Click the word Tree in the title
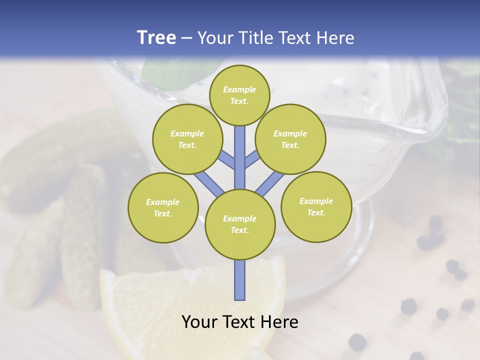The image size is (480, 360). [x=156, y=38]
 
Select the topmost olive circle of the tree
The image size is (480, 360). [x=239, y=95]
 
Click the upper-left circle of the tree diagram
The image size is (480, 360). [x=187, y=139]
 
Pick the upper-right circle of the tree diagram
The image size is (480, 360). [x=290, y=139]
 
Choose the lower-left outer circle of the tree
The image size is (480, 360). [x=163, y=207]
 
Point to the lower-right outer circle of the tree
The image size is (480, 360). [x=316, y=206]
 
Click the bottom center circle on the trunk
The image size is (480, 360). [x=240, y=224]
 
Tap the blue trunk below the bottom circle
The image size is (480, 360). [x=240, y=280]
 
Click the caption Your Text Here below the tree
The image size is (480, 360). [x=239, y=322]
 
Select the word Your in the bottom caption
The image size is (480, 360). [x=199, y=322]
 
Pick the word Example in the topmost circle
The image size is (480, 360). [x=239, y=89]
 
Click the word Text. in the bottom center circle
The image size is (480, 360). [x=239, y=230]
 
